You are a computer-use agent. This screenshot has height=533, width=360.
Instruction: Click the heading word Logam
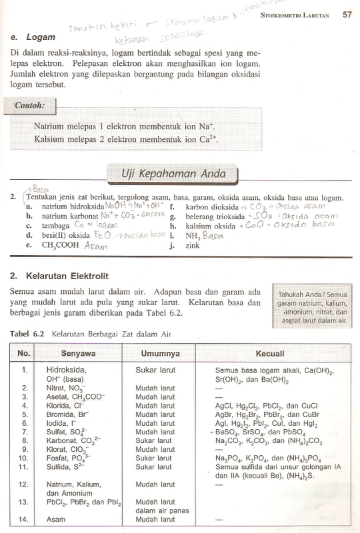pos(40,38)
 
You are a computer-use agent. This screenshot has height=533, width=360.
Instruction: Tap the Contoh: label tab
pos(29,105)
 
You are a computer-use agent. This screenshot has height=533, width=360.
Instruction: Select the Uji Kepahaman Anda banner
pos(173,174)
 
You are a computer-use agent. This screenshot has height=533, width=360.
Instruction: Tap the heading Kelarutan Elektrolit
pos(72,274)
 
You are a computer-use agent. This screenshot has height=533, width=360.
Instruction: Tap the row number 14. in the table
pos(25,520)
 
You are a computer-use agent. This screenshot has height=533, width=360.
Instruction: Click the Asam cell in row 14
pos(57,520)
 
